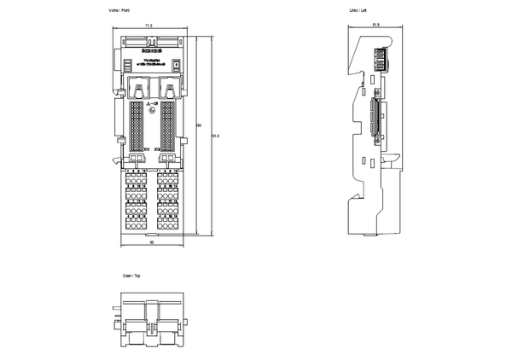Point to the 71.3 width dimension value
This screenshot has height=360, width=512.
pos(148,26)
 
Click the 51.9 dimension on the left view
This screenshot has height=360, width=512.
pos(376,26)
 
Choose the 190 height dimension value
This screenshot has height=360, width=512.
pos(199,125)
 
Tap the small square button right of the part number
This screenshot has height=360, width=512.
pos(177,63)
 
